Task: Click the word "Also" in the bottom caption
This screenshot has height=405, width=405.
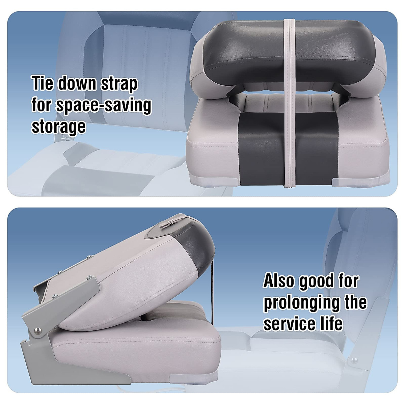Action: tap(279, 281)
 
